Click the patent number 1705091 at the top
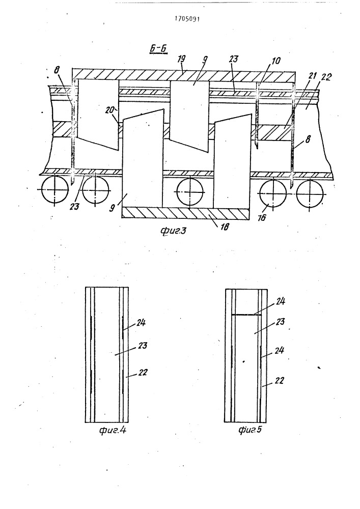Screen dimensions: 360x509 [x=187, y=18]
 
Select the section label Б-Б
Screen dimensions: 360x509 [x=158, y=48]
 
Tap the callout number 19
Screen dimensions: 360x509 [x=181, y=59]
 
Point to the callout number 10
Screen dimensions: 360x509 [x=276, y=61]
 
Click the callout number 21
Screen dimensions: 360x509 [x=312, y=76]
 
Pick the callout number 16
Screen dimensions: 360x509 [x=262, y=217]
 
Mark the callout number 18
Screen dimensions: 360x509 [x=225, y=227]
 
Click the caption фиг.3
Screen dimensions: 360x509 [x=173, y=231]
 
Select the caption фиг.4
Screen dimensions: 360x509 [x=113, y=431]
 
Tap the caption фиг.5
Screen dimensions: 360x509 [x=250, y=430]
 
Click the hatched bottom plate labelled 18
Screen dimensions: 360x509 [x=186, y=213]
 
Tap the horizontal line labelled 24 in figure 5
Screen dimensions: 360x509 [x=246, y=314]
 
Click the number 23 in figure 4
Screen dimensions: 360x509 [x=142, y=345]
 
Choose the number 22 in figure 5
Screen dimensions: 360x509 [x=279, y=380]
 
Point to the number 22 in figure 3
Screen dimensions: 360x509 [x=326, y=77]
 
